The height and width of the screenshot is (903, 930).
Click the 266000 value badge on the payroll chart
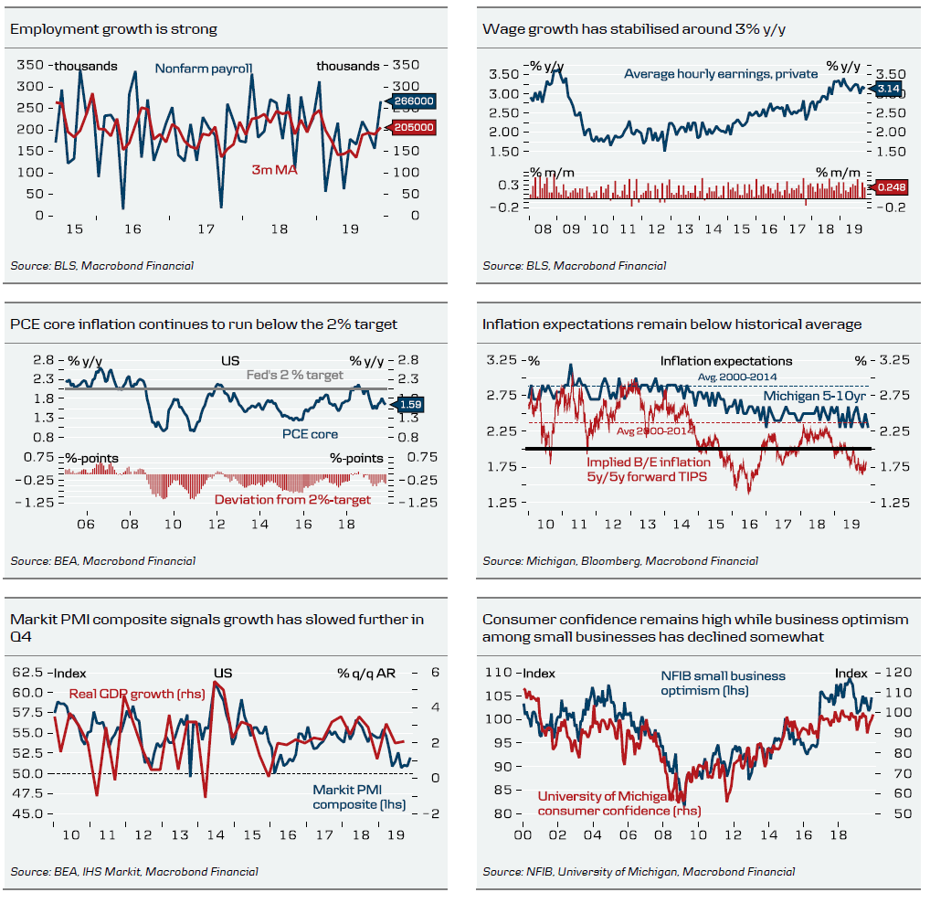pos(414,101)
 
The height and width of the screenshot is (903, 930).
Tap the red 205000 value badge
pos(414,127)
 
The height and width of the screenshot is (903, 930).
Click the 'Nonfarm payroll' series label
pos(203,68)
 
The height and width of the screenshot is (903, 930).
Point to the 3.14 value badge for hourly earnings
pos(888,88)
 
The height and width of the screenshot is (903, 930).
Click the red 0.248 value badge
pos(892,187)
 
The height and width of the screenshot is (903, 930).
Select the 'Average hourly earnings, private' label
pos(721,73)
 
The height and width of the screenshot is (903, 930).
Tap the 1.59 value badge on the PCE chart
pos(410,403)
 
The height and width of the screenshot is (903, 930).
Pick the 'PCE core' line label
pos(310,434)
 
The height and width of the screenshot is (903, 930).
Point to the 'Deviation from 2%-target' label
pos(292,499)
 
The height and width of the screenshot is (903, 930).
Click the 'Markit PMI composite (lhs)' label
pos(358,797)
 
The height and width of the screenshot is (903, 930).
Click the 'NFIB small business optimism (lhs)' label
pos(723,683)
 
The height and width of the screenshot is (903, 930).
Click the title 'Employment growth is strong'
pos(113,29)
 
